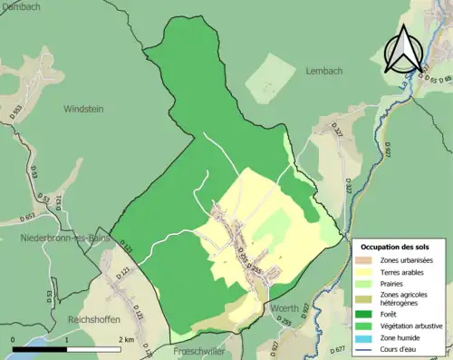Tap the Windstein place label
[84, 108]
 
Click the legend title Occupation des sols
[397, 247]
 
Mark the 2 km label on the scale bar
[126, 340]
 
